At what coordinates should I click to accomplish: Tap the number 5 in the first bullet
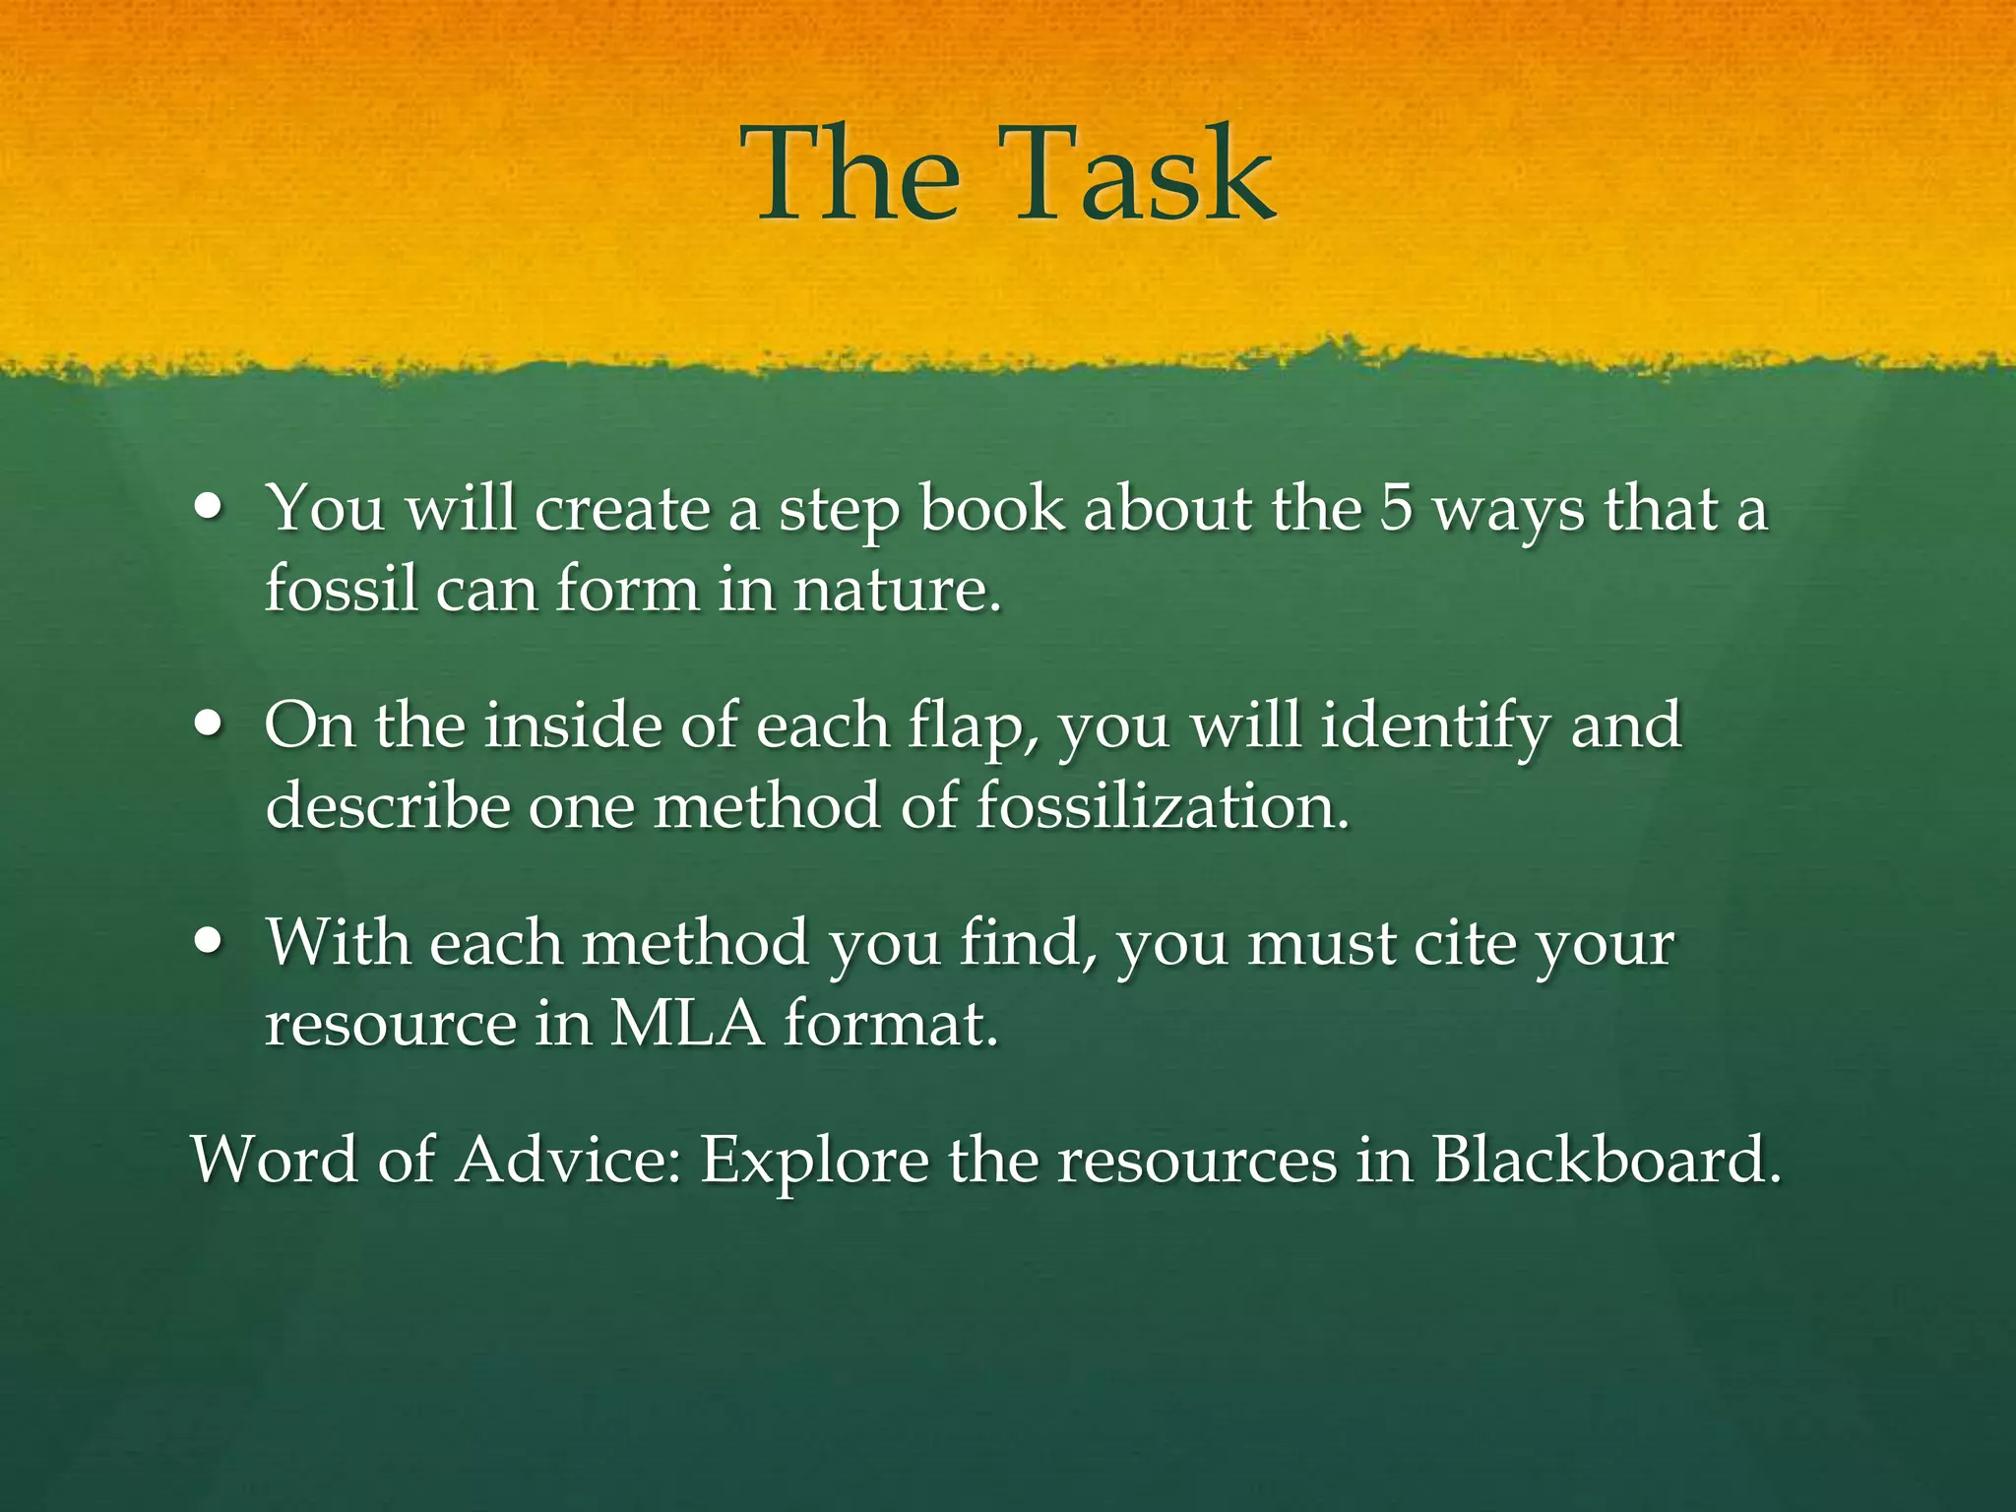pyautogui.click(x=1395, y=510)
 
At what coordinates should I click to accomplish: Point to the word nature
pyautogui.click(x=897, y=591)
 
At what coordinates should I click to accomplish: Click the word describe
pyautogui.click(x=388, y=807)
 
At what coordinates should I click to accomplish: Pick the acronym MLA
pyautogui.click(x=686, y=1025)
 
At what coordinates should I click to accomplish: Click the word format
pyautogui.click(x=891, y=1025)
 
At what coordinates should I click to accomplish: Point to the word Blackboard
pyautogui.click(x=1606, y=1161)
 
